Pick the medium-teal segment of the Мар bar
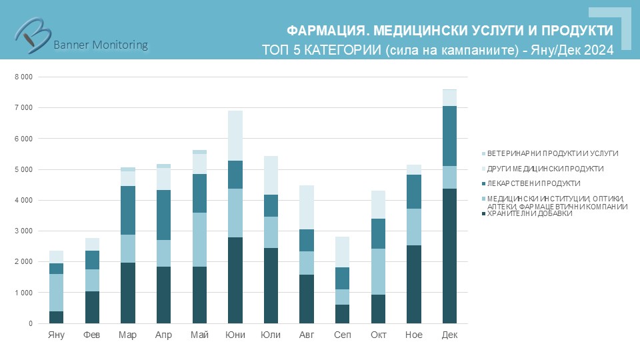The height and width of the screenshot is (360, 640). pyautogui.click(x=128, y=210)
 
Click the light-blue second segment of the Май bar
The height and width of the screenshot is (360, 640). pyautogui.click(x=199, y=239)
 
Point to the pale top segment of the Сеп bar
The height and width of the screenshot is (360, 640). pyautogui.click(x=342, y=252)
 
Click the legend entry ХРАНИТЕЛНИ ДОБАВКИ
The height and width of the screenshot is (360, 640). pyautogui.click(x=530, y=214)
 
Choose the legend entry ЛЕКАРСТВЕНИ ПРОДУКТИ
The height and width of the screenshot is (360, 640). pyautogui.click(x=533, y=183)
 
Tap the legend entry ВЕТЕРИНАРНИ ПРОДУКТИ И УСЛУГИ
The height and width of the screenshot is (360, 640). pyautogui.click(x=553, y=153)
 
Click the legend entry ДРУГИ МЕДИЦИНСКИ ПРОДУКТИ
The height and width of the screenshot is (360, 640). pyautogui.click(x=545, y=169)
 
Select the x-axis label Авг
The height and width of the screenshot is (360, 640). pyautogui.click(x=307, y=335)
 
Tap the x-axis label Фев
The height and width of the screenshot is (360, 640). pyautogui.click(x=92, y=335)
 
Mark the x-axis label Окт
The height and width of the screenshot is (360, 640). pyautogui.click(x=378, y=335)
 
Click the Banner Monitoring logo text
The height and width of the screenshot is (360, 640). pyautogui.click(x=100, y=45)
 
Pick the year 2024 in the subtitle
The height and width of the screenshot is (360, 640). pyautogui.click(x=599, y=50)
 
